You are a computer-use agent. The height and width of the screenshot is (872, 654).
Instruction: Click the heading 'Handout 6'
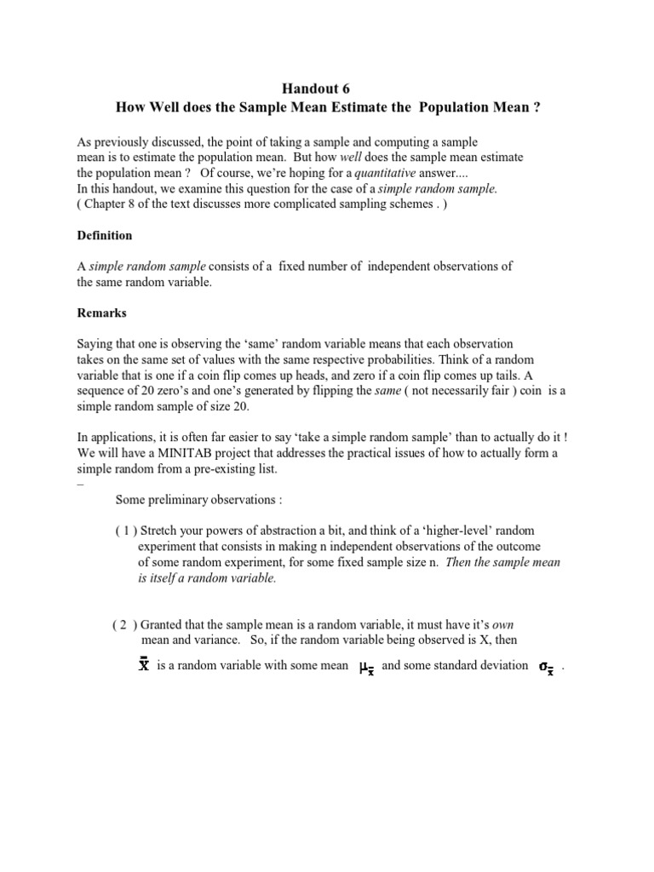[314, 89]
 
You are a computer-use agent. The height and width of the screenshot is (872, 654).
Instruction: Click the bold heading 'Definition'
[104, 235]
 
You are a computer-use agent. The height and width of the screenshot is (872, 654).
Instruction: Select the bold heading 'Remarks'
[101, 313]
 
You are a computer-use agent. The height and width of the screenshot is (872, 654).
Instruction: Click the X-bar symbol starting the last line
[144, 665]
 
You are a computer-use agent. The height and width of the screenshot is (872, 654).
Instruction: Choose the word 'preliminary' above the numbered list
[186, 499]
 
